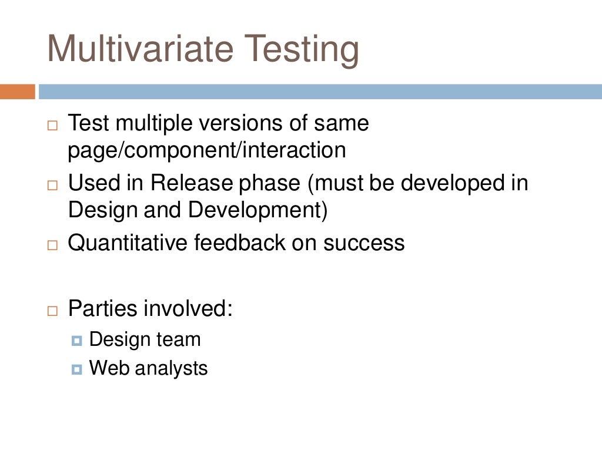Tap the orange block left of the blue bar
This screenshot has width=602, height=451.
click(17, 92)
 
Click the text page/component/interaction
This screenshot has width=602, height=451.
click(207, 151)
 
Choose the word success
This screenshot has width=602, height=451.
click(364, 243)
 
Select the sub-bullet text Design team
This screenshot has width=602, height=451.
click(145, 339)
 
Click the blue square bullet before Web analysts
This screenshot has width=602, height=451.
click(77, 369)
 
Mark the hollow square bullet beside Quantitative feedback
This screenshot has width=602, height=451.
click(53, 244)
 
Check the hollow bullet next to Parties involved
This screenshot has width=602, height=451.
click(53, 309)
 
